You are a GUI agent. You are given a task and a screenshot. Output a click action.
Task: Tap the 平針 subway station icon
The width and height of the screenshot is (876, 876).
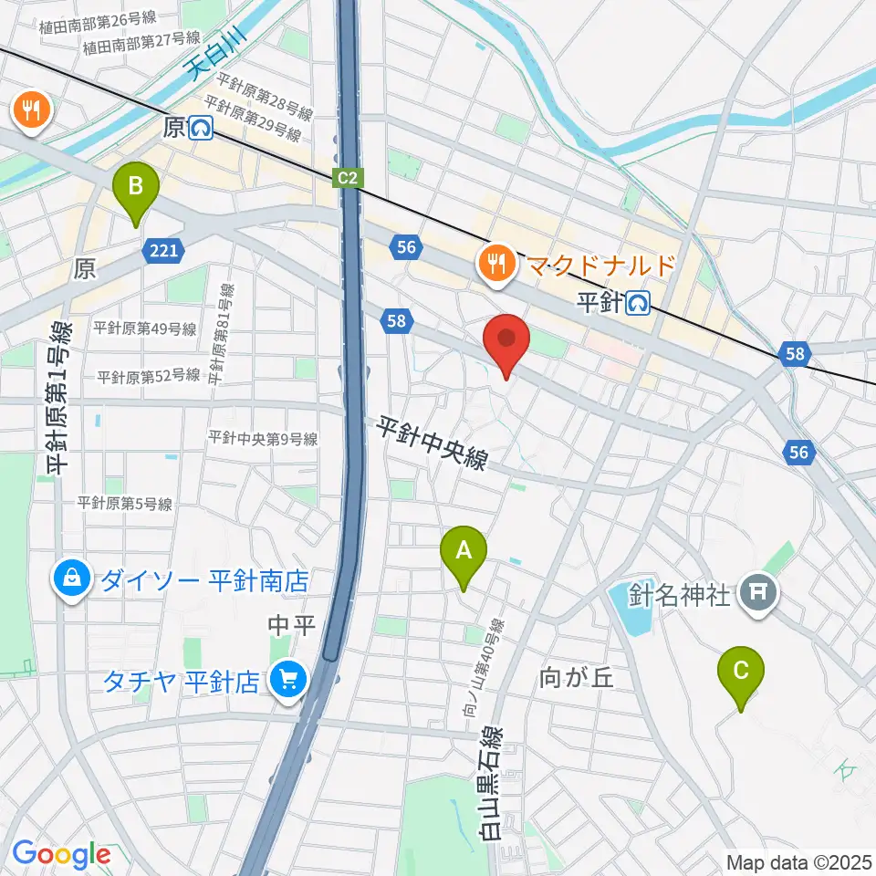click(638, 301)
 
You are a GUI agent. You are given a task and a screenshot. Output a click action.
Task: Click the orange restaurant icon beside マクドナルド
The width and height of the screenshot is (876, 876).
click(496, 265)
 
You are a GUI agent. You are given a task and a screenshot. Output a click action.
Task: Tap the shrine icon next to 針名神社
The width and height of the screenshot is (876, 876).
click(758, 595)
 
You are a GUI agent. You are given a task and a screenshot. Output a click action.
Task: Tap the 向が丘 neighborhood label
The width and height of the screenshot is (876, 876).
click(573, 677)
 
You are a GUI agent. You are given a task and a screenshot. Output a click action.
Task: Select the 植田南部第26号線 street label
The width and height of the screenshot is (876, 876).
click(98, 17)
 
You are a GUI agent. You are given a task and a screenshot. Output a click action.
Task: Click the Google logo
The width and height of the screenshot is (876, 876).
click(60, 855)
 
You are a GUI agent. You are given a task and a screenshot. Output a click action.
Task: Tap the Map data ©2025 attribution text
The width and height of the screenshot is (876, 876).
click(798, 861)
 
